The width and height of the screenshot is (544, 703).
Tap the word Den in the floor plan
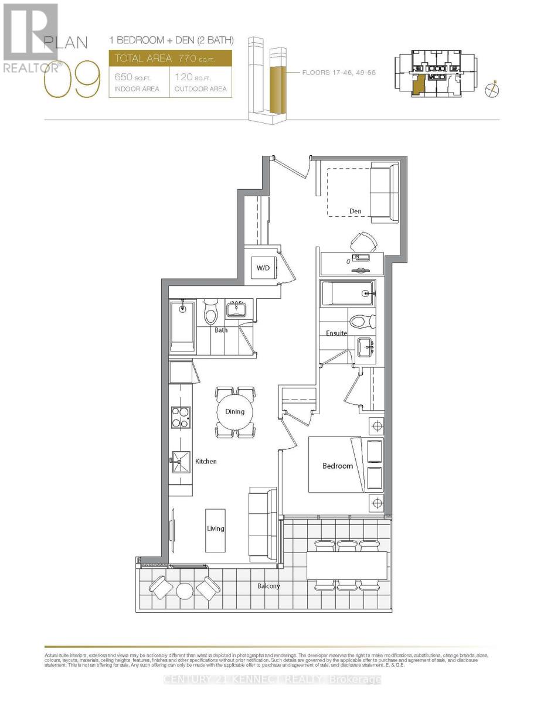pos(355,211)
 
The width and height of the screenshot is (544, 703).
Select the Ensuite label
pos(336,333)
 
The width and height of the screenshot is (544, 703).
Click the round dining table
pos(235,412)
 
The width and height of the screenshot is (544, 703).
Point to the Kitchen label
pos(206,462)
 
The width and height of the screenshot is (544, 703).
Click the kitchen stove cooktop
pos(180,417)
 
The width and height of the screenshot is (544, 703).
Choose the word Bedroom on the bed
pos(338,466)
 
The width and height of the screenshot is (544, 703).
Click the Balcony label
pos(268,586)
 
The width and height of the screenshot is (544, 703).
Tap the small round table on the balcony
pos(184,591)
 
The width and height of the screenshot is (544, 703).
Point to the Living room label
pos(215,528)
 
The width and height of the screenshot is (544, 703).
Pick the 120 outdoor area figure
pos(185,77)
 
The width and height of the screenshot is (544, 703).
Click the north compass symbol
pos(493,90)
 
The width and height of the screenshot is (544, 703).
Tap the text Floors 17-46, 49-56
pos(335,73)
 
